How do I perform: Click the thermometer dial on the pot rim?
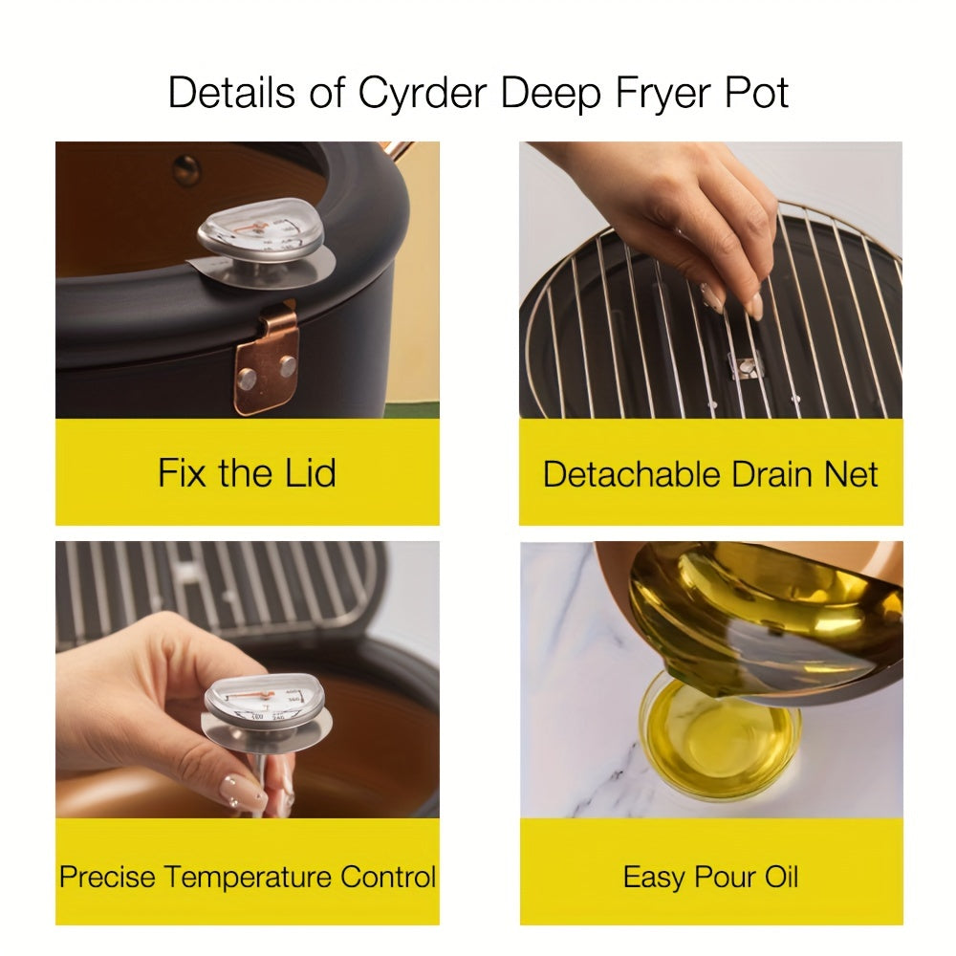[x=258, y=229]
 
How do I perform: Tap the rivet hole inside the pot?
[x=186, y=169]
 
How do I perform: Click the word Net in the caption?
[x=847, y=474]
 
